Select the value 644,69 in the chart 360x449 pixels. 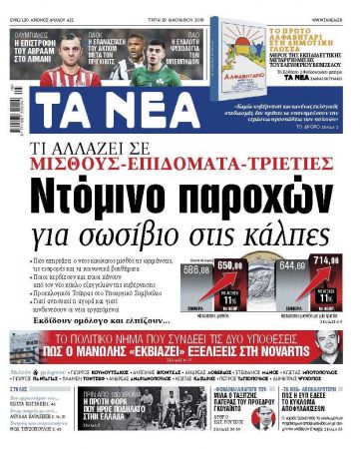coord(294,266)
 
